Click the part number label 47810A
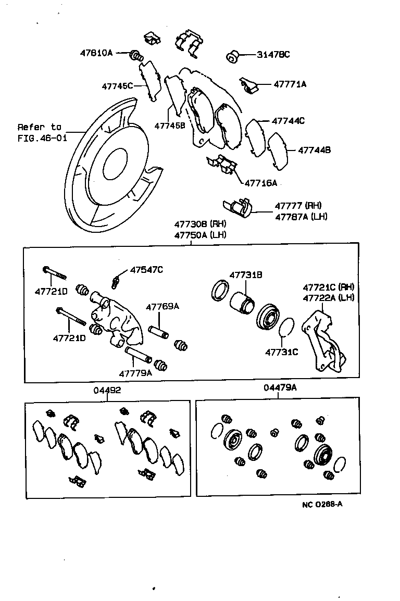point(96,53)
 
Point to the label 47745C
point(117,85)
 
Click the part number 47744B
point(314,150)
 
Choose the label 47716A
point(260,183)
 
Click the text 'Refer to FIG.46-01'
point(40,133)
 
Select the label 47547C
point(146,269)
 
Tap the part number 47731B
point(246,274)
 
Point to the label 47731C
point(281,352)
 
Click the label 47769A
point(162,307)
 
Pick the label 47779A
point(135,373)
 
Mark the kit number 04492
point(108,390)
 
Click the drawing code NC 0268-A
point(322,505)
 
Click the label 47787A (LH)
point(301,216)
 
